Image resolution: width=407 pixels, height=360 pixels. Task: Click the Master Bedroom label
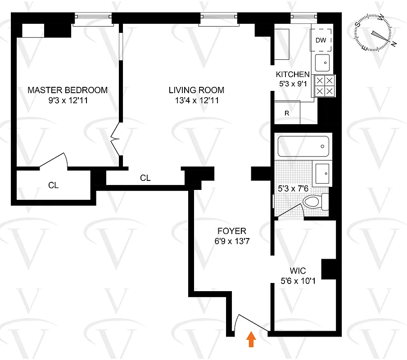(x=68, y=90)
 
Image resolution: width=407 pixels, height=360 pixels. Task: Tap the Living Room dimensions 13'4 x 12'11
(x=196, y=101)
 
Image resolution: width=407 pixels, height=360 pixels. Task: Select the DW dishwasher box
(x=321, y=40)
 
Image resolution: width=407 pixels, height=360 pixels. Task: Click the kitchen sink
(x=322, y=63)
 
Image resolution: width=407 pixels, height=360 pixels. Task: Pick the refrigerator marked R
(x=287, y=113)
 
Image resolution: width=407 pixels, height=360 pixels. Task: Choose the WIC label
(x=298, y=271)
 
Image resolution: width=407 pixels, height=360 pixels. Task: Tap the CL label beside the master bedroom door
(x=54, y=185)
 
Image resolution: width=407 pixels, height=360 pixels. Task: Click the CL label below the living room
(x=145, y=178)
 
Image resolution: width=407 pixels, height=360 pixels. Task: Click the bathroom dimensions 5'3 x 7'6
(x=293, y=184)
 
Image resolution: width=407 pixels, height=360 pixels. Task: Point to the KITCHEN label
(x=293, y=75)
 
